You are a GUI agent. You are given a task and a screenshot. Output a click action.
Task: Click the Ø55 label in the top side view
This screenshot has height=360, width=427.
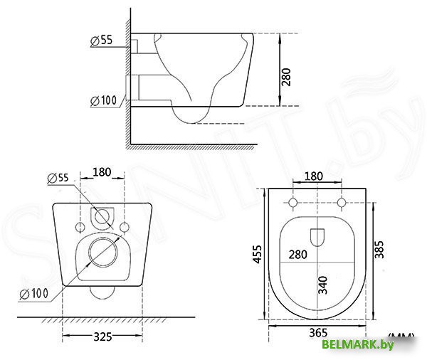coord(102,41)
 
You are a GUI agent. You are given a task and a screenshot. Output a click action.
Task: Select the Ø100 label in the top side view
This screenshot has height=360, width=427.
coord(104,100)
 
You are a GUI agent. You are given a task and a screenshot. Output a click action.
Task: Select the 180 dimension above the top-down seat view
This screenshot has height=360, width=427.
coord(315,176)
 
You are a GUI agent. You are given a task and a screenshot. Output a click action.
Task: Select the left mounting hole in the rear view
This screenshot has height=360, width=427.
coord(80,227)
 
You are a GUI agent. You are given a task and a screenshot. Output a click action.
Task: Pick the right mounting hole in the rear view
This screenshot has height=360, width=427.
coord(126,227)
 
